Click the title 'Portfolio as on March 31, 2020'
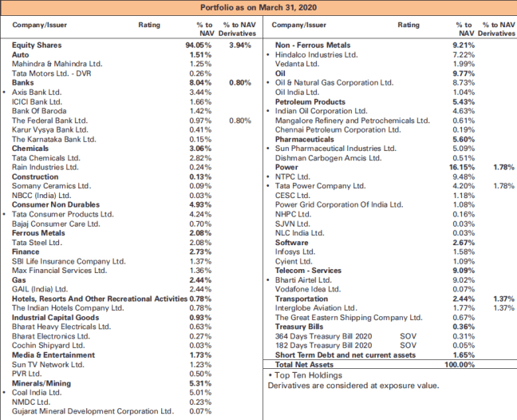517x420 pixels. pos(258,8)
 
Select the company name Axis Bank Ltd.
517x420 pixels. pos(37,93)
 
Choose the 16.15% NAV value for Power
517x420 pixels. pos(464,167)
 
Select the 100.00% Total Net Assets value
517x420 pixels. pos(460,364)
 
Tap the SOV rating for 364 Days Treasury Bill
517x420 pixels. pos(408,335)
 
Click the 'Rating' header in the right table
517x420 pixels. pos(408,26)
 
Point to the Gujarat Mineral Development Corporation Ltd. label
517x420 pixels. pos(93,411)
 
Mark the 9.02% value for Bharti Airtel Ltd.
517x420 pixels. pos(464,279)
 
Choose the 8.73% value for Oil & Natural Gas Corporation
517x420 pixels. pos(464,82)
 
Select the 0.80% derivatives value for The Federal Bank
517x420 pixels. pos(239,121)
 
